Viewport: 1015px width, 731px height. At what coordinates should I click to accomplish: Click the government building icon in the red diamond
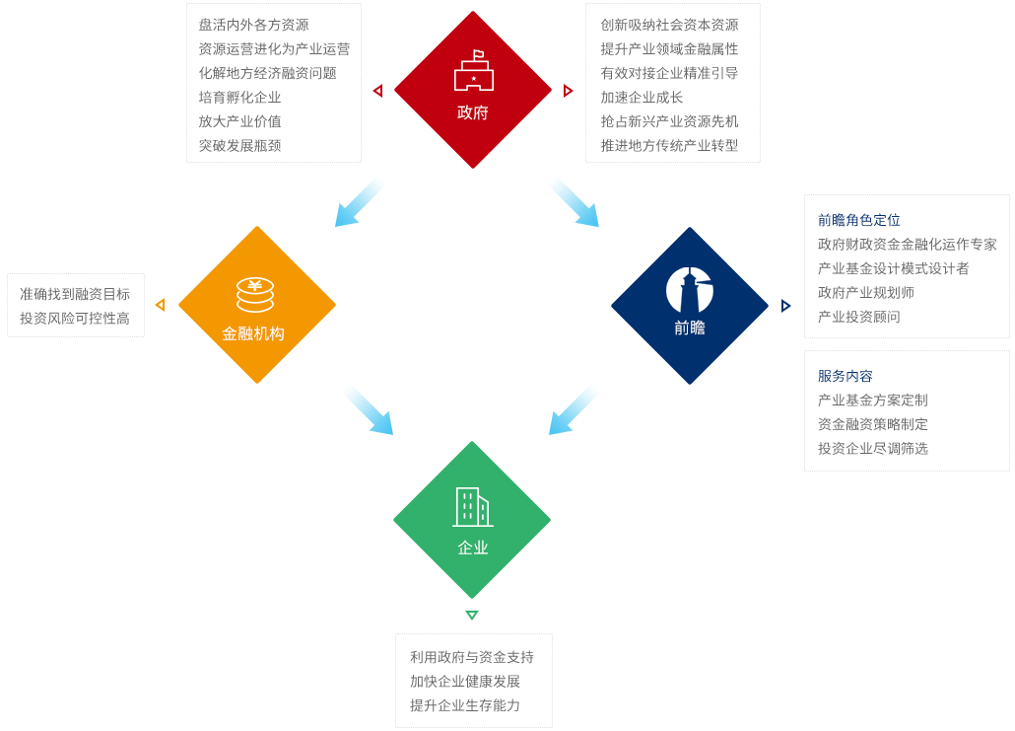[x=474, y=70]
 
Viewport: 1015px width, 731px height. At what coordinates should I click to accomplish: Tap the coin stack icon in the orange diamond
[x=255, y=295]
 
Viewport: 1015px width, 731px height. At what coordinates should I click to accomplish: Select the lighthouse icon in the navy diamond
[x=690, y=290]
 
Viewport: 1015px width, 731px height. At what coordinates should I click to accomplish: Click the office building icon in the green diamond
[x=473, y=507]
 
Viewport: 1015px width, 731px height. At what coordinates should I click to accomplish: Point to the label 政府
[x=473, y=112]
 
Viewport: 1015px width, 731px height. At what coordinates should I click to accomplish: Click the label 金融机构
[x=253, y=333]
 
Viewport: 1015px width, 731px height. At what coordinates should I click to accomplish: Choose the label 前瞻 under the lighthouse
[x=690, y=329]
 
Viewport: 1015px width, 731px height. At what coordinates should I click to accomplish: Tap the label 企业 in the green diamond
[x=473, y=548]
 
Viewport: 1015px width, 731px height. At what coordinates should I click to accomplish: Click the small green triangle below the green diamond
[x=472, y=615]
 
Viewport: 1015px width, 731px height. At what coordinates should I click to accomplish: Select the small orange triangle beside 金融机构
[x=161, y=305]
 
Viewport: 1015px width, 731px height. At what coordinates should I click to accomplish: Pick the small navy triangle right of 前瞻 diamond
[x=785, y=306]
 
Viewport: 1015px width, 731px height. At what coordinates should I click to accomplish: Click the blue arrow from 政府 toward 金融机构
[x=358, y=203]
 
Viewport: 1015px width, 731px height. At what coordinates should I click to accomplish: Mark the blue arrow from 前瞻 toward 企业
[x=573, y=410]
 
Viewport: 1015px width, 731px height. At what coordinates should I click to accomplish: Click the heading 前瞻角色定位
[x=859, y=220]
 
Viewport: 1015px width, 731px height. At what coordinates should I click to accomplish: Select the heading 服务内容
[x=846, y=376]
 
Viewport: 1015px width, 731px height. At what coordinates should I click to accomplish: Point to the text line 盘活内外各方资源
[x=254, y=26]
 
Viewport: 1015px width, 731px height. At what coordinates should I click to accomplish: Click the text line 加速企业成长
[x=642, y=98]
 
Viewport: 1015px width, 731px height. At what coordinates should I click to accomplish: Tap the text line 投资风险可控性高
[x=75, y=319]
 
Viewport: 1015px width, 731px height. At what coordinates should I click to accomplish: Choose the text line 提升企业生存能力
[x=465, y=705]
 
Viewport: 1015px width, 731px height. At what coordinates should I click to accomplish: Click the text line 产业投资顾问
[x=859, y=317]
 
